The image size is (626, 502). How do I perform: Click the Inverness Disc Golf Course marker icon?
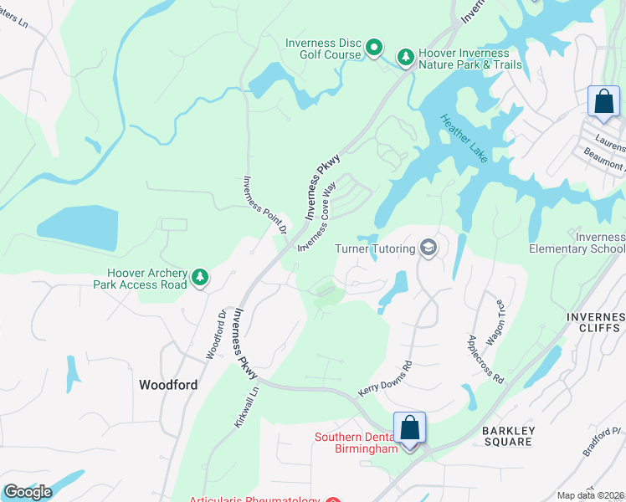click(x=374, y=49)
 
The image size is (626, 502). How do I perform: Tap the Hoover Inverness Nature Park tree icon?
click(x=406, y=56)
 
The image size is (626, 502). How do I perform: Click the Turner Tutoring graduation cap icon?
click(x=428, y=248)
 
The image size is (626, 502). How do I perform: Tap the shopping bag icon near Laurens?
click(x=603, y=102)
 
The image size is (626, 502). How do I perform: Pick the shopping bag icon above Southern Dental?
click(x=410, y=428)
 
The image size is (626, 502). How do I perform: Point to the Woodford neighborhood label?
click(x=168, y=385)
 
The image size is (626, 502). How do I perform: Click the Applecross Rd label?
click(x=485, y=360)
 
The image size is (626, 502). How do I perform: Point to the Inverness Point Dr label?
click(x=264, y=204)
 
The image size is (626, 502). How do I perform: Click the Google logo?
click(x=27, y=492)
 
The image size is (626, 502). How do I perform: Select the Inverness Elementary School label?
click(x=577, y=243)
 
